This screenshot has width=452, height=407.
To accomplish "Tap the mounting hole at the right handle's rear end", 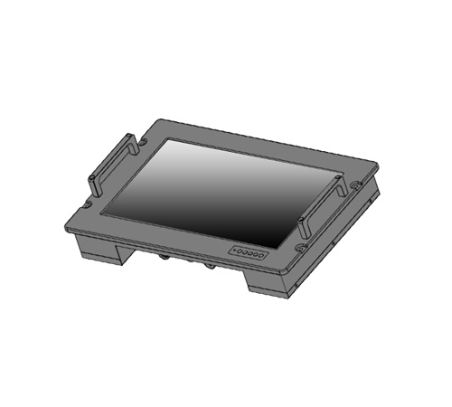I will tap(353, 185).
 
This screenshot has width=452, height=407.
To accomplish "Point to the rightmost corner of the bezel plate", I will tap(377, 165).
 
